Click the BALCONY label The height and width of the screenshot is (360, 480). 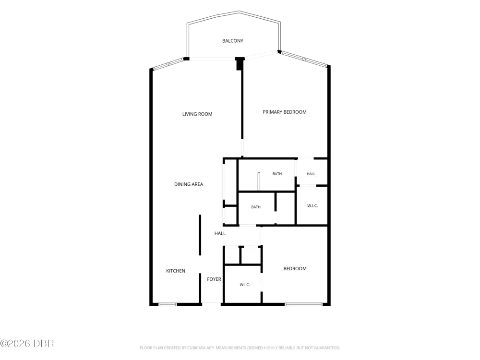233,41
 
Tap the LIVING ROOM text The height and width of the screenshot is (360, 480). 197,114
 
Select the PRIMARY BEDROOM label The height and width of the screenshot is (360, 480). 284,112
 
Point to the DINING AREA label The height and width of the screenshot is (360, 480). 189,184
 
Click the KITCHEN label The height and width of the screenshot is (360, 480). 175,271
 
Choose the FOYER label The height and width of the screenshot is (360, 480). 214,279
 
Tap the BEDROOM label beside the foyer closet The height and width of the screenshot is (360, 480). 295,268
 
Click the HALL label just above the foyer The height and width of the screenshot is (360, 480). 220,233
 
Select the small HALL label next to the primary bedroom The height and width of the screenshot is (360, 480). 311,174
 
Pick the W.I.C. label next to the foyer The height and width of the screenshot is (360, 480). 245,285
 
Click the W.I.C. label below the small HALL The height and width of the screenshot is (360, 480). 312,206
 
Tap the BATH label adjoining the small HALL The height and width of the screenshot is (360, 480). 277,174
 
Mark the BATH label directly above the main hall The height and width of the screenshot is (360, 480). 256,207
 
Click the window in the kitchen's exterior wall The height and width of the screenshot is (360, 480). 168,304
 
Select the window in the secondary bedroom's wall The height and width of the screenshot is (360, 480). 303,304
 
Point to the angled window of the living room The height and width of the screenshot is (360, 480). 168,64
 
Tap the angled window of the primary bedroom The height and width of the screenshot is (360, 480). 304,59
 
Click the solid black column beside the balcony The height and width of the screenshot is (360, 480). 240,63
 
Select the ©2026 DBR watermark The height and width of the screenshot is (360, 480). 27,344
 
